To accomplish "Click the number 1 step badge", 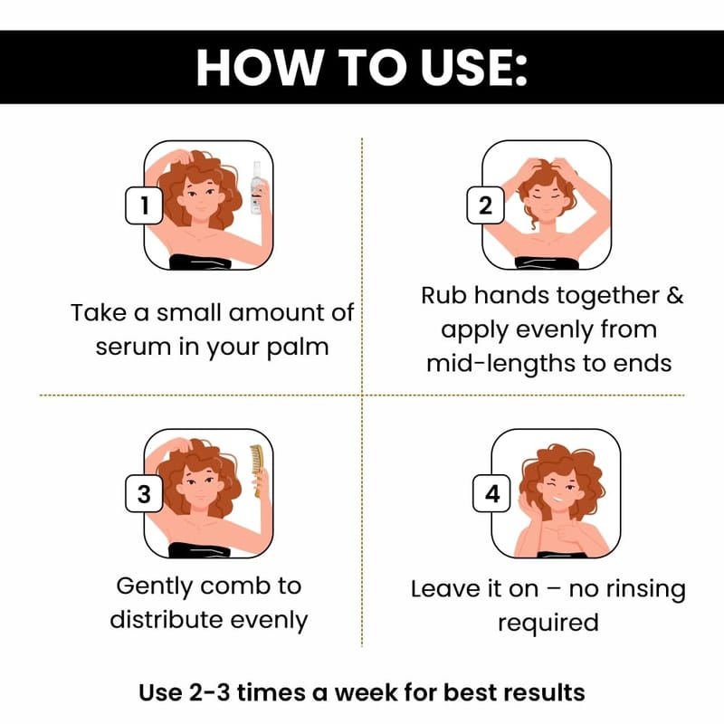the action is click(x=144, y=205).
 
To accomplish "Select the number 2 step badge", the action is click(x=485, y=205).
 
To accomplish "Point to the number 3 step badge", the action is click(x=144, y=493).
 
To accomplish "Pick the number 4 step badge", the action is click(x=491, y=493).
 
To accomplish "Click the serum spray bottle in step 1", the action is click(x=257, y=188).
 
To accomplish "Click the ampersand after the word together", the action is click(x=674, y=296).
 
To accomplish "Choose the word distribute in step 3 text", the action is click(x=167, y=620).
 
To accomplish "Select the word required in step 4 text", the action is click(x=548, y=624).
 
